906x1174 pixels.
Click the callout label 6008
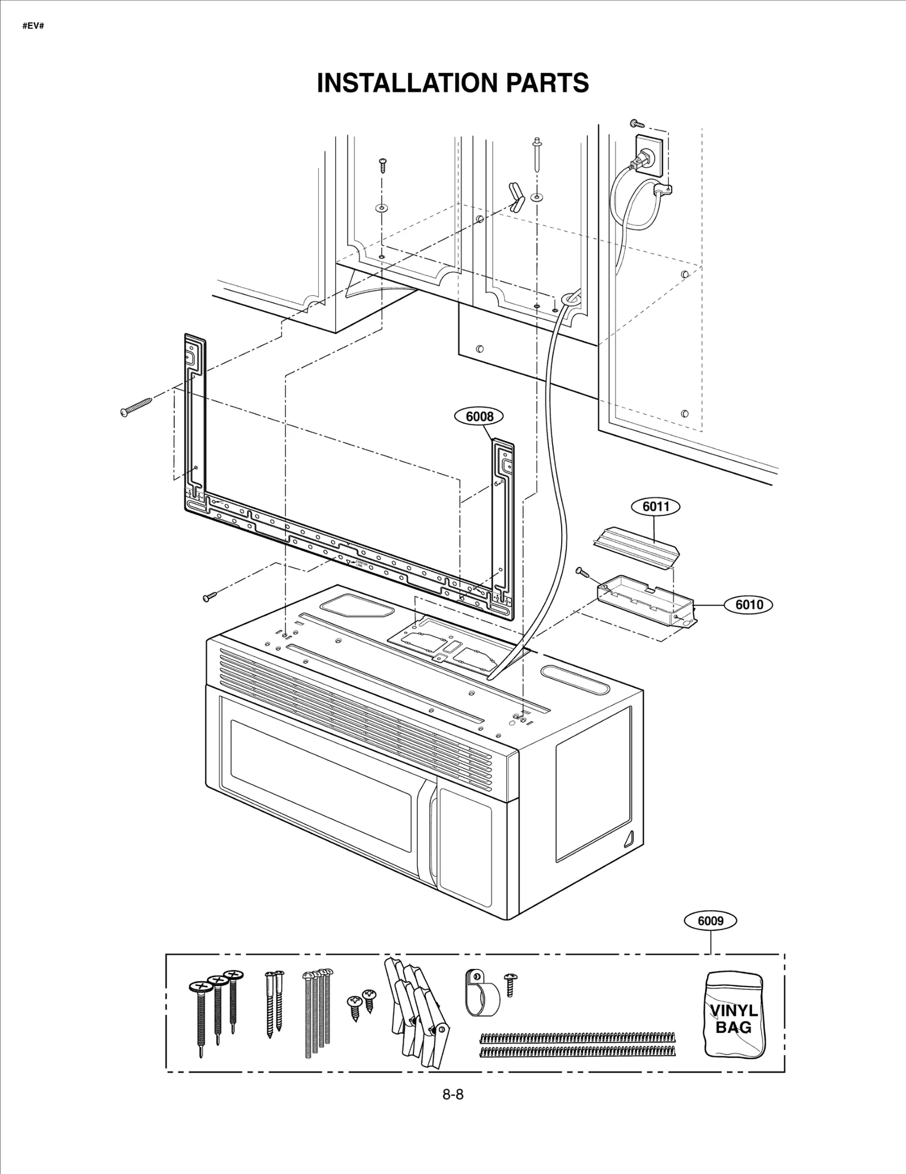click(x=479, y=417)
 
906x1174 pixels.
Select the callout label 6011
click(x=656, y=506)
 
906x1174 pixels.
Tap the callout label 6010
click(x=749, y=604)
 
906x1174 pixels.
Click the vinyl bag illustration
click(x=734, y=1022)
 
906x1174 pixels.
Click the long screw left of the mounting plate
click(x=136, y=406)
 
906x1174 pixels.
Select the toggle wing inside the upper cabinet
click(x=517, y=197)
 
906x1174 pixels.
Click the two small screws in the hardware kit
click(x=361, y=1004)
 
